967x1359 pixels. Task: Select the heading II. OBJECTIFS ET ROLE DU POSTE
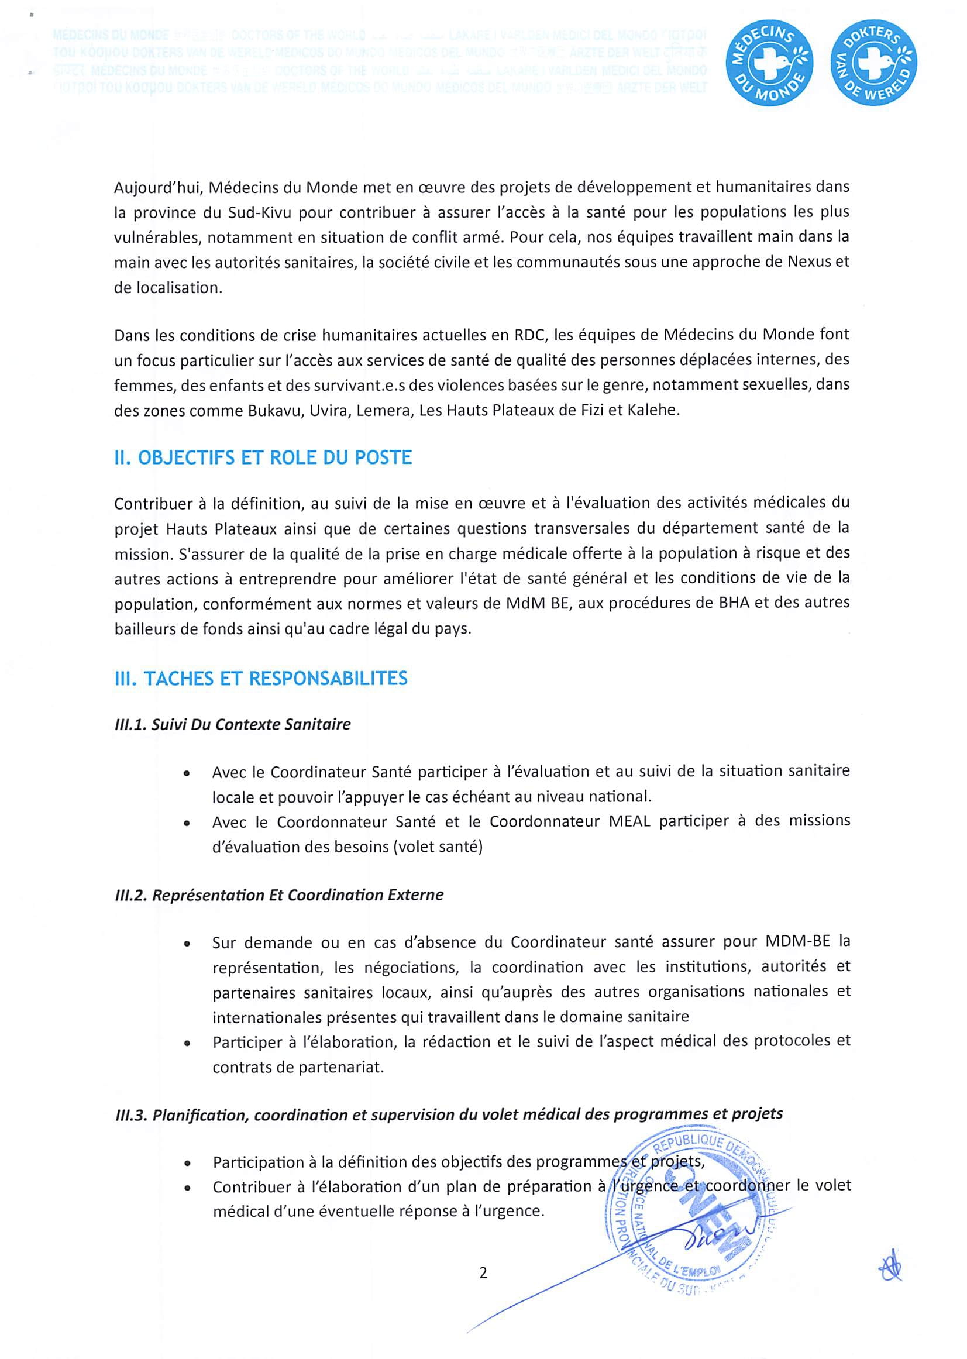tap(263, 457)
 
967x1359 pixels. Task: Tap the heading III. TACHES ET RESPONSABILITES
tap(261, 678)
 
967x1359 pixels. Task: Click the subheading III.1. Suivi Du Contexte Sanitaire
tap(232, 724)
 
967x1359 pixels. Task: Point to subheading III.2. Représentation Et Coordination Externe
tap(278, 895)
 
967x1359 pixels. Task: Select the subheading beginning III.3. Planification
tap(448, 1114)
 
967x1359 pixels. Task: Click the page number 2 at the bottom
tap(483, 1272)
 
